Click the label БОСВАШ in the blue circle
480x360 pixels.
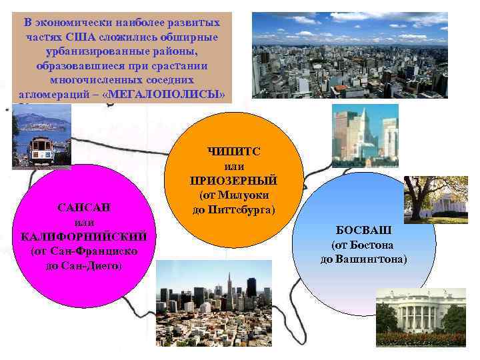pyautogui.click(x=363, y=230)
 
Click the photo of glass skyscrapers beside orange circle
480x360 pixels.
pyautogui.click(x=364, y=136)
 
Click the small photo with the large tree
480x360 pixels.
pyautogui.click(x=435, y=199)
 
